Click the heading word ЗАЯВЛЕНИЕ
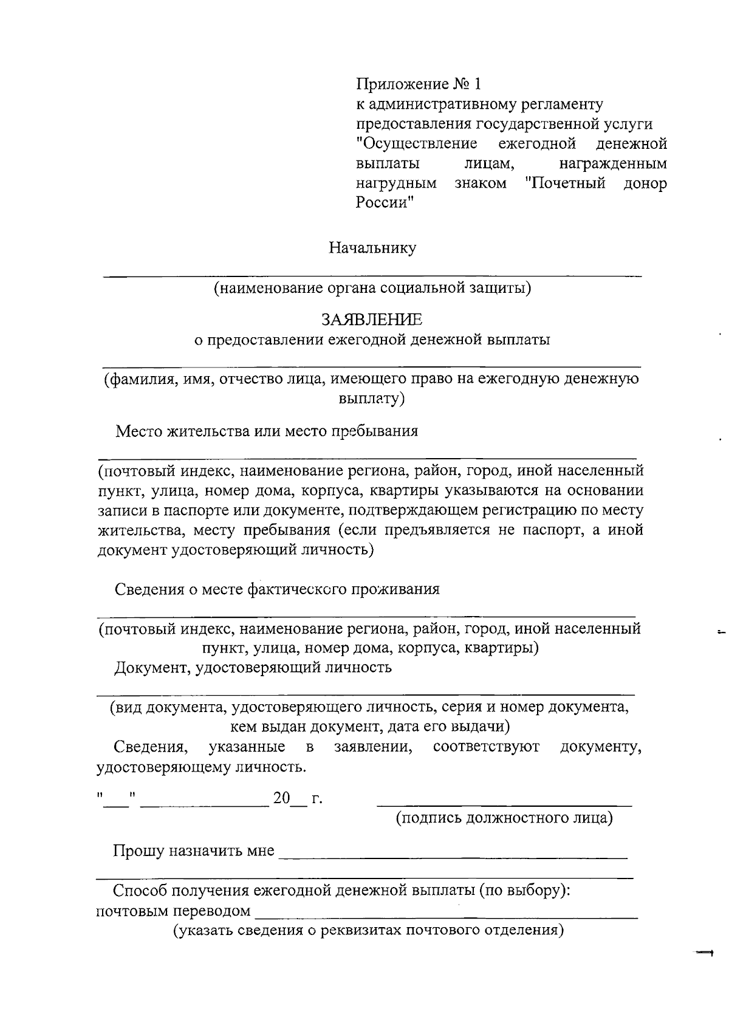click(x=372, y=319)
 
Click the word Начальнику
click(x=372, y=248)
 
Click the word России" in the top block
click(x=384, y=203)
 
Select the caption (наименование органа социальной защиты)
click(x=372, y=287)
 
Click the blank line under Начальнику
click(x=372, y=276)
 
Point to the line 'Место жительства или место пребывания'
click(x=267, y=431)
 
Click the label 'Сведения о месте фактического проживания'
click(x=277, y=589)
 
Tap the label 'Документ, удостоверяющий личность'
click(x=253, y=668)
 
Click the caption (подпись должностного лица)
click(x=504, y=818)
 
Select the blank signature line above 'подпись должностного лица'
click(x=504, y=806)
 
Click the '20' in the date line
click(x=281, y=798)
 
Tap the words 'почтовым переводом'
click(x=174, y=911)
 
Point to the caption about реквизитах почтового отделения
click(x=369, y=931)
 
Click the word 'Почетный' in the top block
click(x=565, y=183)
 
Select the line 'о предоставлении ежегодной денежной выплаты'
click(x=372, y=340)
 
